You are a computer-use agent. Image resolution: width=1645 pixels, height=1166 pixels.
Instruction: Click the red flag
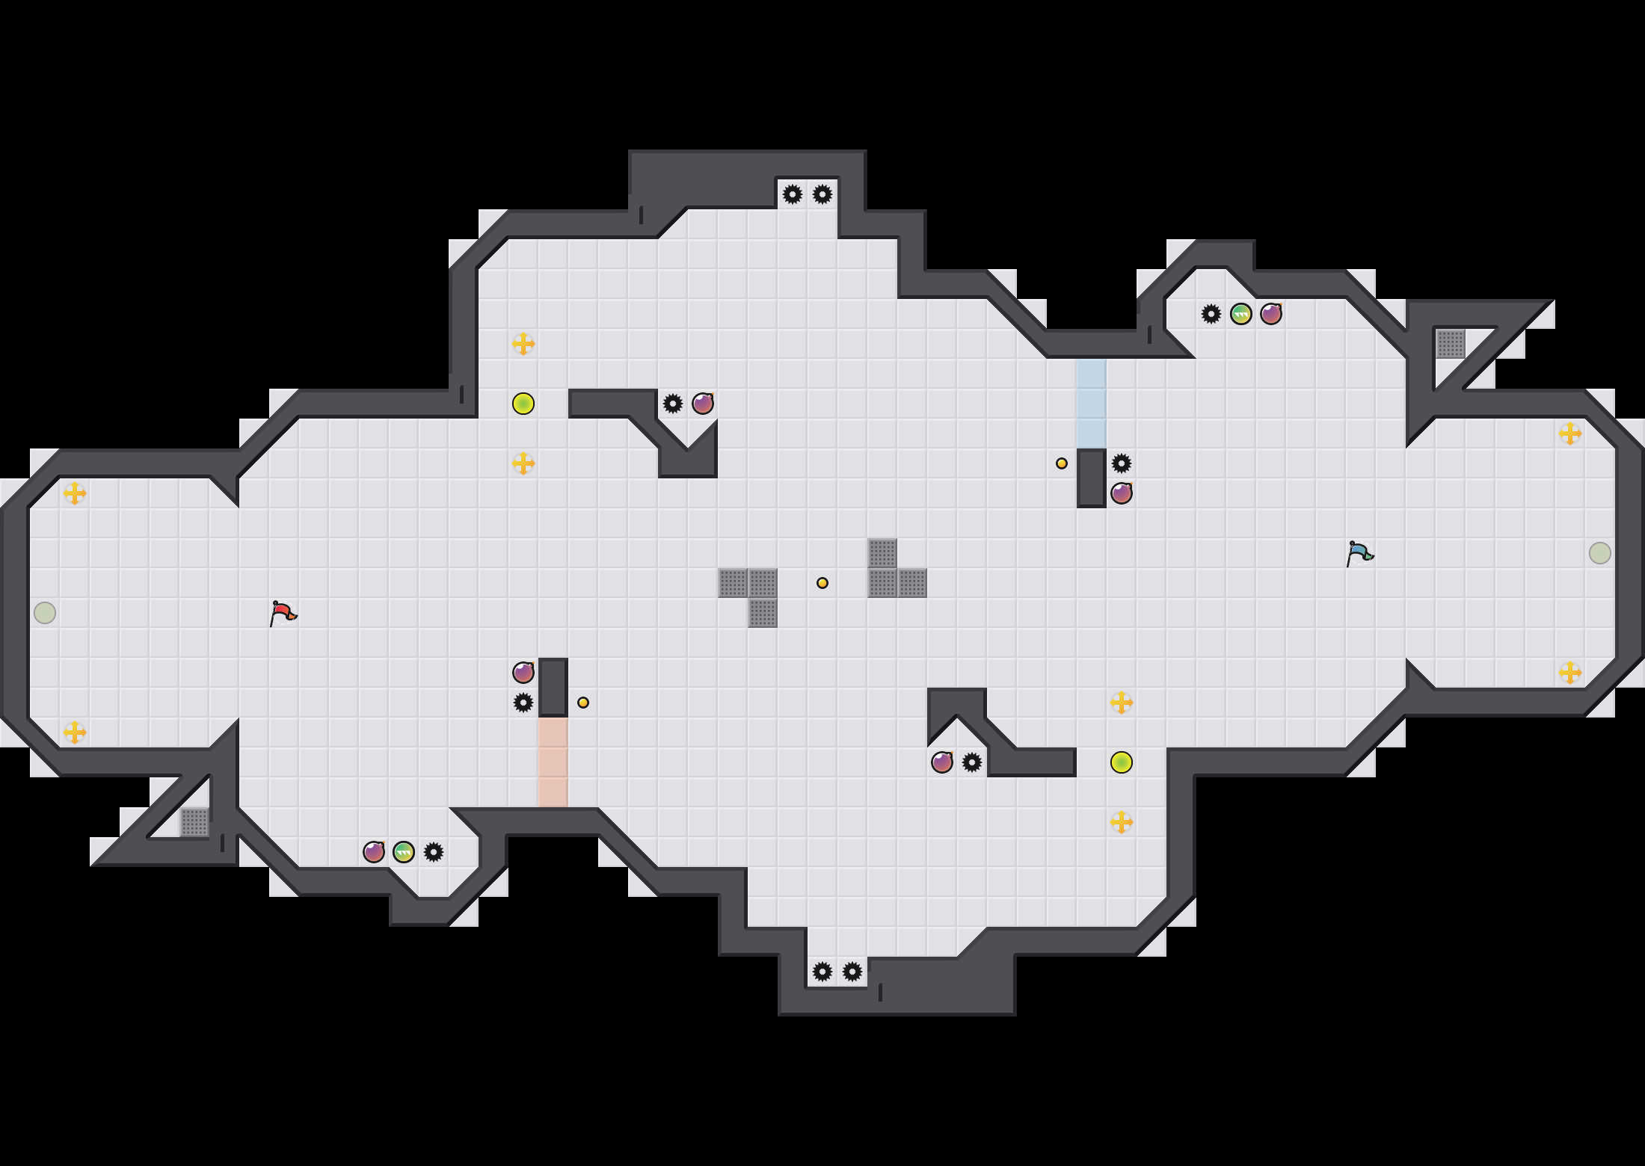283,614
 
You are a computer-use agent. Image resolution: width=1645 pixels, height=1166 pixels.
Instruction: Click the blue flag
1359,554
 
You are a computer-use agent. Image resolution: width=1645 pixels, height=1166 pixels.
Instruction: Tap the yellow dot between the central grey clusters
822,583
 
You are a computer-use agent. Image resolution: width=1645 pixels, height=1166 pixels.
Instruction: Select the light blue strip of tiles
1092,404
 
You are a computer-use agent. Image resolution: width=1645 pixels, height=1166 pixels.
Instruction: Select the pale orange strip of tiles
553,762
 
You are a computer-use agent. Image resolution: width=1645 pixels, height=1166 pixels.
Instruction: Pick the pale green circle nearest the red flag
45,613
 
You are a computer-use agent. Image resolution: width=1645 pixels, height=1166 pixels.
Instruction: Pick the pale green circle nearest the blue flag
1600,553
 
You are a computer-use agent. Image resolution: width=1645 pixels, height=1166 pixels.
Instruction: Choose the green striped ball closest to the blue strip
1241,314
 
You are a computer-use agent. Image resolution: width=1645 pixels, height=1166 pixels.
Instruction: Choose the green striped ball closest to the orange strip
404,852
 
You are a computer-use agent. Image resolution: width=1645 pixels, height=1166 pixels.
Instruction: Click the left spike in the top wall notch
793,194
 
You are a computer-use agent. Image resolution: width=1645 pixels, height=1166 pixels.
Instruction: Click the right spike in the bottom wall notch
852,972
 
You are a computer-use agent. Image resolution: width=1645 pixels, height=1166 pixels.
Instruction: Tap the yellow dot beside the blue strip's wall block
1062,463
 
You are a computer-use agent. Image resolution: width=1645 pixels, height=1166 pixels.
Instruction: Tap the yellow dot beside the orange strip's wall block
583,703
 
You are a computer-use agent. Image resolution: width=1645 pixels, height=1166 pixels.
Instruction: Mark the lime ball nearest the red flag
523,404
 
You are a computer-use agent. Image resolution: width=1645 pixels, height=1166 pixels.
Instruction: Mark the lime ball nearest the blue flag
1122,762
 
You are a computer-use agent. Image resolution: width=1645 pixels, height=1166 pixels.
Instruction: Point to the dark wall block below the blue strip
1092,478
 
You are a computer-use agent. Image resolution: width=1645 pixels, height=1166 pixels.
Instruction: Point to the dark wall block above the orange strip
553,688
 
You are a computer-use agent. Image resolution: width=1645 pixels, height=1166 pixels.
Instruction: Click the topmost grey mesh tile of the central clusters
882,553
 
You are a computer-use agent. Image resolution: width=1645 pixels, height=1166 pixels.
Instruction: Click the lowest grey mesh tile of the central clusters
763,613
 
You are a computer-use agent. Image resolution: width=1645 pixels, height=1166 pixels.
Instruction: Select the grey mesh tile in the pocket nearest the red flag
194,822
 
